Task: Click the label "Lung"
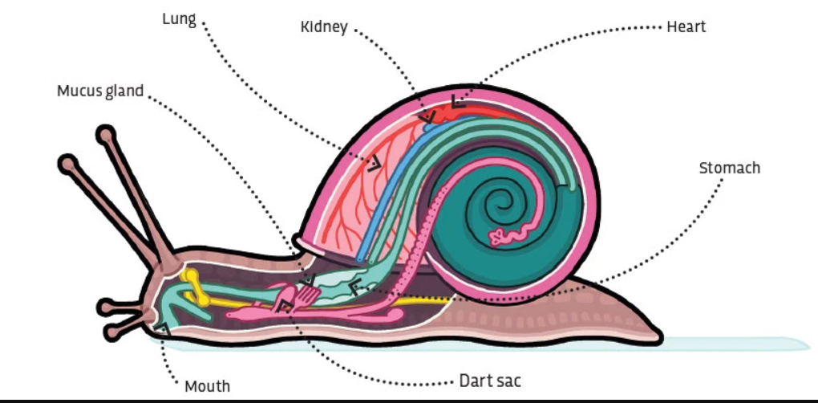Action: (x=179, y=19)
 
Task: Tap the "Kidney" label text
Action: (x=324, y=27)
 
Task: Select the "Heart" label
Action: (x=686, y=26)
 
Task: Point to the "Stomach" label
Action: (x=729, y=168)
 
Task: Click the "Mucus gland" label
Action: (x=99, y=91)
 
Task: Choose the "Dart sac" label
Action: (x=492, y=379)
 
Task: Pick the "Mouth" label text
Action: (x=207, y=386)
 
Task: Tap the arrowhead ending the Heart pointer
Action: (x=456, y=102)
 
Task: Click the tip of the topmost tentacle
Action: (x=104, y=135)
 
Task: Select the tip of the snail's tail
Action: (x=659, y=335)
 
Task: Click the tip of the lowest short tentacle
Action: (x=107, y=331)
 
